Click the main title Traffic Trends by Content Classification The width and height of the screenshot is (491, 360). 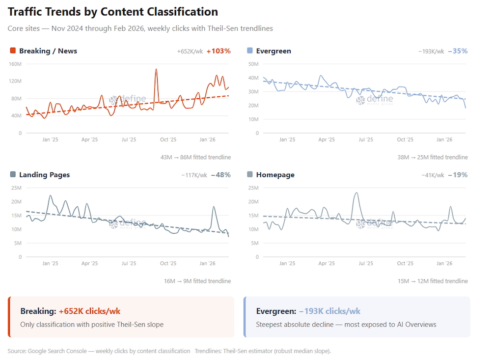pos(113,12)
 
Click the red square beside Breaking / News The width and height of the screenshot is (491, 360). pos(13,51)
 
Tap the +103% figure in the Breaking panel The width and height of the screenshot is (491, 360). pos(218,51)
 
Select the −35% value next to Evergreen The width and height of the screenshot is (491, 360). pos(458,51)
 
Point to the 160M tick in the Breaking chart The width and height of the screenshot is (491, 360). pos(15,64)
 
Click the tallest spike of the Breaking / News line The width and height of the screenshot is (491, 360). pos(156,69)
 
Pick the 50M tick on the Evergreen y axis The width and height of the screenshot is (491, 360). pos(253,64)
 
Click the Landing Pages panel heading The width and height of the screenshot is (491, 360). pos(44,175)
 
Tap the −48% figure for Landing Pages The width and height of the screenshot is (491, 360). pos(220,175)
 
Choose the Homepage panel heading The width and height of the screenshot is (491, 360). pos(275,175)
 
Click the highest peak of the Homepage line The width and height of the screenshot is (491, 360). pos(356,193)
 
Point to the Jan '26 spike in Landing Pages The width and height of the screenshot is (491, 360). pos(214,207)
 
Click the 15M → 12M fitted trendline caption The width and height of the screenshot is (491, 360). pos(433,281)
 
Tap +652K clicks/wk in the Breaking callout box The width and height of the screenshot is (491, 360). pos(89,311)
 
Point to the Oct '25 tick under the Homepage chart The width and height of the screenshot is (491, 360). pos(405,263)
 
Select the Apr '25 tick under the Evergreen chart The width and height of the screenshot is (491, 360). pos(327,139)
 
